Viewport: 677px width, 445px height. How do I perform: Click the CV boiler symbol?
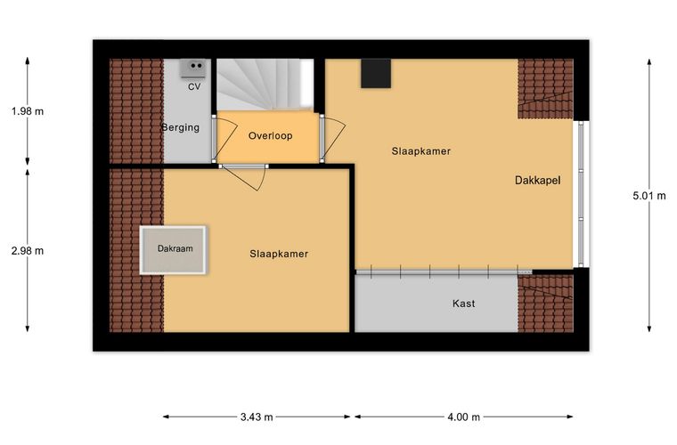[x=192, y=69]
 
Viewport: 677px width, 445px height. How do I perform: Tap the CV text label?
[x=194, y=86]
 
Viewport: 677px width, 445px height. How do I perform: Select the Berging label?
[x=181, y=127]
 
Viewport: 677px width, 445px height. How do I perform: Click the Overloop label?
[x=270, y=136]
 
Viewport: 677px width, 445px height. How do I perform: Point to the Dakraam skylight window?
[x=174, y=250]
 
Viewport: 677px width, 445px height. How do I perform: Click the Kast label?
[x=464, y=303]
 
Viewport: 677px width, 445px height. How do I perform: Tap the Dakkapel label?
[x=537, y=181]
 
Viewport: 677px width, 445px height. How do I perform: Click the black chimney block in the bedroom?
[x=376, y=73]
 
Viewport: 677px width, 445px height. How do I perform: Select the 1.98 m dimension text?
[x=28, y=111]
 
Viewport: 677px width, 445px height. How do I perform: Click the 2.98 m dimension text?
[x=28, y=251]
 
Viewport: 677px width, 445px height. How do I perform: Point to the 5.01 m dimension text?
[x=649, y=196]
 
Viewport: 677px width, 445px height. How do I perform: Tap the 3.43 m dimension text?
[x=257, y=417]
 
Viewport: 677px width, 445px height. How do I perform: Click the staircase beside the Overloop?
[x=265, y=84]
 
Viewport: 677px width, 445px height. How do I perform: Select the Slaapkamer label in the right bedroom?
[x=421, y=151]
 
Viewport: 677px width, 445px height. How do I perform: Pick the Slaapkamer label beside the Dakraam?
[x=279, y=254]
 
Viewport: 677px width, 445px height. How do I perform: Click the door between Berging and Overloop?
[x=224, y=138]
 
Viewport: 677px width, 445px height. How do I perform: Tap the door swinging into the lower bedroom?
[x=243, y=177]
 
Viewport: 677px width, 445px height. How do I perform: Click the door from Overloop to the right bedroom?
[x=332, y=138]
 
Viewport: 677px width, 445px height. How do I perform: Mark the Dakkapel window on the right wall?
[x=581, y=194]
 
